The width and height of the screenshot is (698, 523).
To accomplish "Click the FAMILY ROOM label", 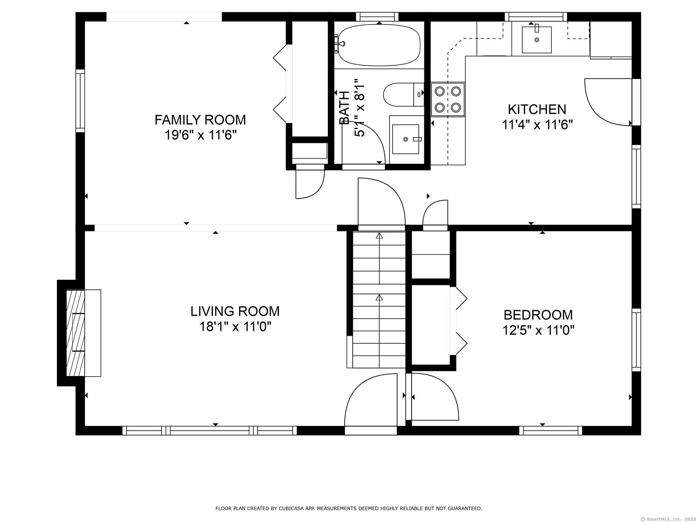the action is tap(200, 120).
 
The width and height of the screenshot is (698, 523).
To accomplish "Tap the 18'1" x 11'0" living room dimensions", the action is tap(235, 327).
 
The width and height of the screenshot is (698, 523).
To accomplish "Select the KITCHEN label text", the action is tap(537, 109).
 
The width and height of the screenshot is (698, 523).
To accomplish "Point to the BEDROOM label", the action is tap(538, 315).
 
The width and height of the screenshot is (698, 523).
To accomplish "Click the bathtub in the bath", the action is tap(379, 45).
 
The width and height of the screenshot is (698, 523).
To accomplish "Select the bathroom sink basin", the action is tap(406, 139).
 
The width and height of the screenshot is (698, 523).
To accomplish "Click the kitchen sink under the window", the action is tap(537, 39).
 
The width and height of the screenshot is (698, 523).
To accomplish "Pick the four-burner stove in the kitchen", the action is tap(448, 99).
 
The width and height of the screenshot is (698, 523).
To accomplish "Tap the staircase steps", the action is tap(379, 300).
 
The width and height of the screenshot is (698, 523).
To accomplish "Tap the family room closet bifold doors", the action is tap(280, 83).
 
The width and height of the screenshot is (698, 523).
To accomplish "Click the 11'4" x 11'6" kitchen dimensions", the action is tap(537, 125).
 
